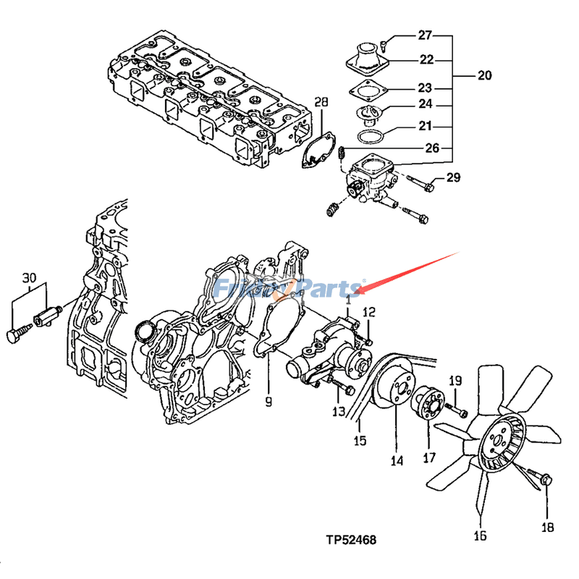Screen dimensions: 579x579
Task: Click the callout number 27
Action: (x=424, y=35)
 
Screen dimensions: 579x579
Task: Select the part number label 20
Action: (x=484, y=75)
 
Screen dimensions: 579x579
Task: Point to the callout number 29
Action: (x=453, y=178)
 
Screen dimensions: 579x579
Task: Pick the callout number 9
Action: (x=269, y=401)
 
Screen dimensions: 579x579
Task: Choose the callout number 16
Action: (x=480, y=536)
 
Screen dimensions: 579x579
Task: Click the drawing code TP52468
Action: (x=351, y=539)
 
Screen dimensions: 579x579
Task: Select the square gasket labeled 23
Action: (x=369, y=92)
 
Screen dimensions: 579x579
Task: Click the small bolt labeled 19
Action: (x=456, y=410)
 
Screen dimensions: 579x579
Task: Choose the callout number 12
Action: (x=369, y=313)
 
